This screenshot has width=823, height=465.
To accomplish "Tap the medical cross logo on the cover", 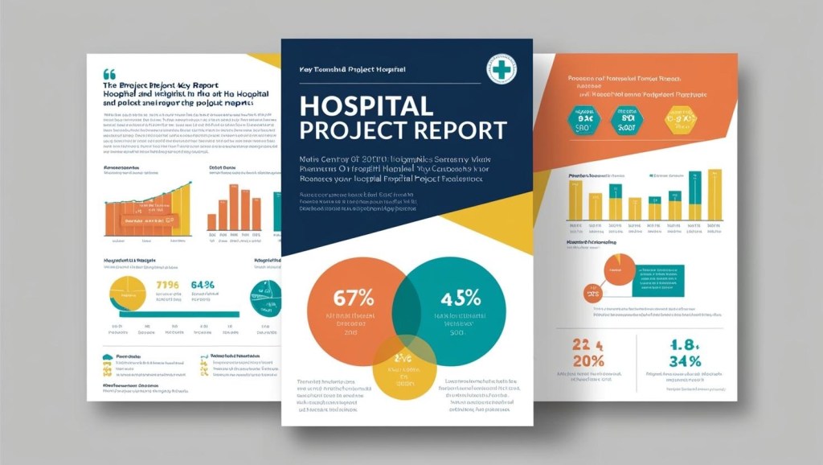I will [x=502, y=69].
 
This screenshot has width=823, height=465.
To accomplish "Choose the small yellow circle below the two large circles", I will [x=403, y=365].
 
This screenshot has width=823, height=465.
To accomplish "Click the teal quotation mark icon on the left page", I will [x=109, y=73].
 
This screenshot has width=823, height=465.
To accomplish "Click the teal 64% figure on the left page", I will [x=203, y=286].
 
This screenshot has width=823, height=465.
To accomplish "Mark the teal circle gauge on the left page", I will [x=265, y=298].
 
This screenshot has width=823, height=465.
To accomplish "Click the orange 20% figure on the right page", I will [x=589, y=360].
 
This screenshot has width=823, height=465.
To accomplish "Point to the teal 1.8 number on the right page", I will [x=685, y=344].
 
